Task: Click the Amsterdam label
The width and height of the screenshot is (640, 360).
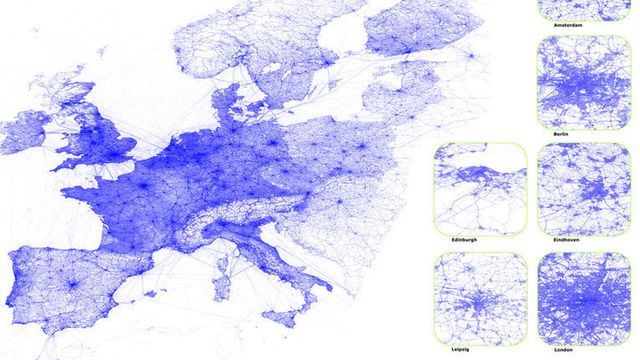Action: click(581, 22)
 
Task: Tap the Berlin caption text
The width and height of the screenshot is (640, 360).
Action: click(581, 133)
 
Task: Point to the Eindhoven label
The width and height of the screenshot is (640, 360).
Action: click(581, 241)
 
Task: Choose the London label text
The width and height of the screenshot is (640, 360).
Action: click(581, 351)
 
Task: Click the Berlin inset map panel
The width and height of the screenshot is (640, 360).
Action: click(581, 81)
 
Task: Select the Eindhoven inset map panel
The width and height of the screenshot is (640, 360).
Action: click(581, 189)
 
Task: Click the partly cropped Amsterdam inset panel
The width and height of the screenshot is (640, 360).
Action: click(581, 7)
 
